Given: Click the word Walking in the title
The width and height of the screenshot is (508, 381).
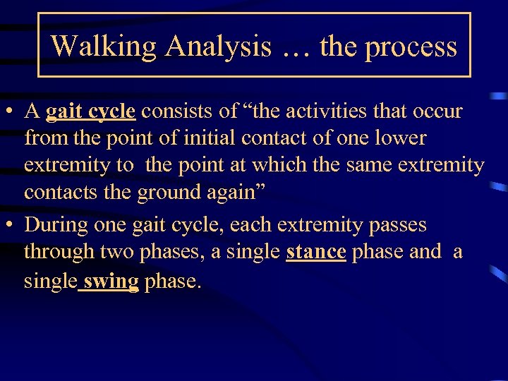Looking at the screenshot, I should point(104,47).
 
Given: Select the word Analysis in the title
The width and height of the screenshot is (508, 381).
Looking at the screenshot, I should point(219,47).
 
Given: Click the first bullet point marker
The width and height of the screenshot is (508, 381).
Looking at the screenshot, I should point(11,112).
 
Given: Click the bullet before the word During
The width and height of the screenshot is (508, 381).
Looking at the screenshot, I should point(11,226).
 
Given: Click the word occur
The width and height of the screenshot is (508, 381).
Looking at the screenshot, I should point(440,111).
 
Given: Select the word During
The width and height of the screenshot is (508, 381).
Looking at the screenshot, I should point(57,225).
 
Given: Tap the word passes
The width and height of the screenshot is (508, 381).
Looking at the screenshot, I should point(396,226).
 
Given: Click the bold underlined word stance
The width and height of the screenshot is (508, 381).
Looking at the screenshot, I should point(315,253).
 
